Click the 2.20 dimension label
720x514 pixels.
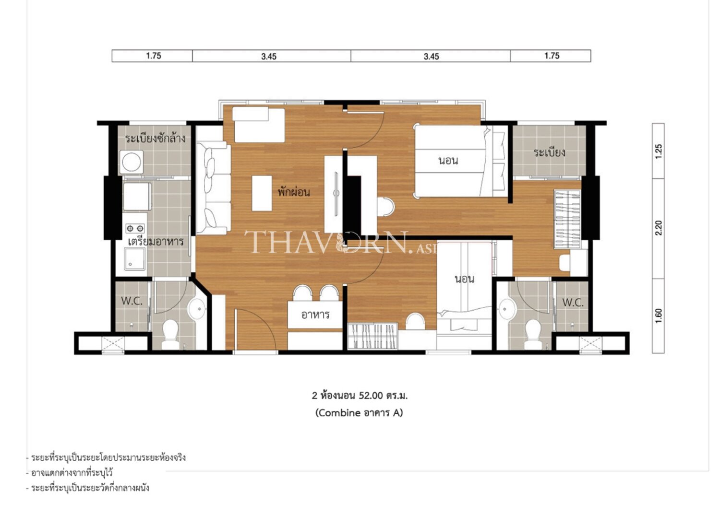tap(659, 228)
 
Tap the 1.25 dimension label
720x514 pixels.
tap(659, 151)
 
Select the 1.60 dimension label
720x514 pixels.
tap(659, 316)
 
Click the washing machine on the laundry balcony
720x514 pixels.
tap(132, 162)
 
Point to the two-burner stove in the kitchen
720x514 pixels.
tap(135, 228)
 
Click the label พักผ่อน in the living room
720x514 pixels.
tap(294, 192)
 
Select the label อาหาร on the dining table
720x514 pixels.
tap(315, 315)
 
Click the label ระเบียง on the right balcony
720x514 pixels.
tap(549, 152)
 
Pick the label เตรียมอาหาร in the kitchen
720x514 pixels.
tap(156, 241)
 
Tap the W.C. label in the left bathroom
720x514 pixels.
tap(132, 301)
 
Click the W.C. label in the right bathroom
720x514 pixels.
tap(573, 303)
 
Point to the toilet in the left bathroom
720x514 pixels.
tap(170, 334)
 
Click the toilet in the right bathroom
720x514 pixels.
tap(533, 334)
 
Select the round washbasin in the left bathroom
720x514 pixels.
tap(197, 309)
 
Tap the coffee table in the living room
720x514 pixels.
tap(262, 193)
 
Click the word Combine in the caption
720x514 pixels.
tap(338, 412)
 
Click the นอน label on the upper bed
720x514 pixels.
tap(448, 160)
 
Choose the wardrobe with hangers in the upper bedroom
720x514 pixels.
tap(567, 219)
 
